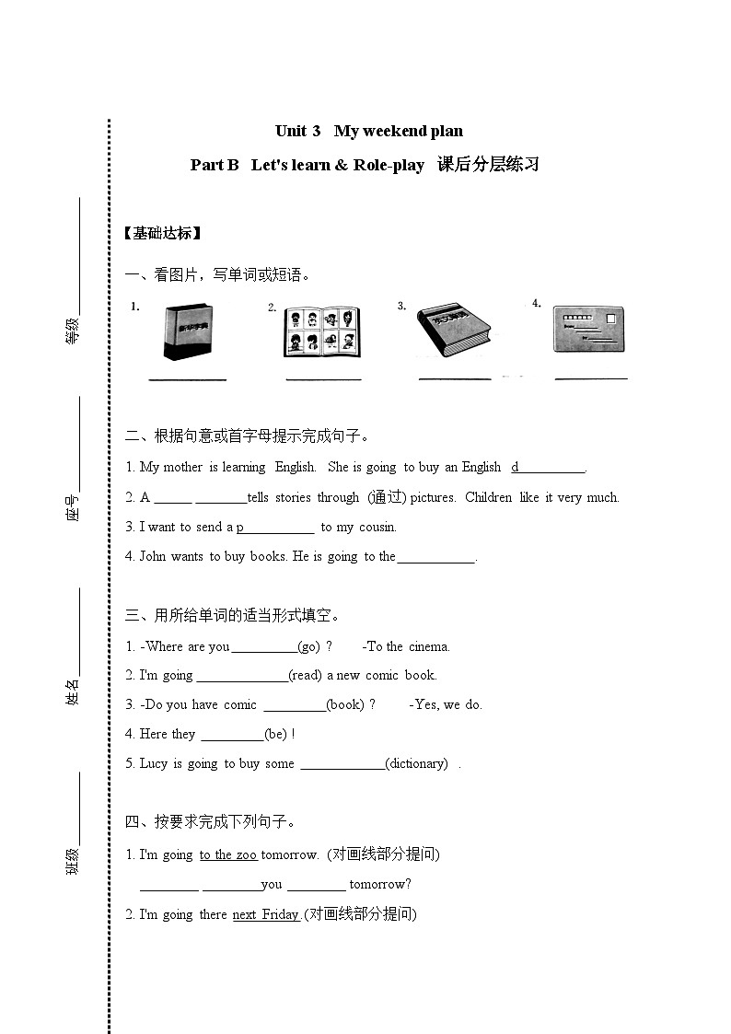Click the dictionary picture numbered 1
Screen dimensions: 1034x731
coord(188,331)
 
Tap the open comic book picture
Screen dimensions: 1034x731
coord(322,331)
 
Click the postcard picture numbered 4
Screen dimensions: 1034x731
coord(589,329)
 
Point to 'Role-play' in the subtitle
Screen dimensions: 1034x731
coord(389,166)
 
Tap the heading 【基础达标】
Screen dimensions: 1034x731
coord(161,233)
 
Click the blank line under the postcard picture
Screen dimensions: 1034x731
coord(591,377)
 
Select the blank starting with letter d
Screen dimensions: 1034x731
coord(549,468)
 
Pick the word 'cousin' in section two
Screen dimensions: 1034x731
coord(377,528)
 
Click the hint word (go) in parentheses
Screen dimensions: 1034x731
coord(309,646)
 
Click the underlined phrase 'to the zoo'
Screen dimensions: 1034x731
coord(227,854)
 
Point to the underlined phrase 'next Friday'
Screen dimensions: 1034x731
coord(265,914)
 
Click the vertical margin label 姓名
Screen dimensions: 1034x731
coord(72,691)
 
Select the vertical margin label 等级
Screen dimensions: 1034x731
coord(72,330)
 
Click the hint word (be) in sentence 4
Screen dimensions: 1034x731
coord(276,734)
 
